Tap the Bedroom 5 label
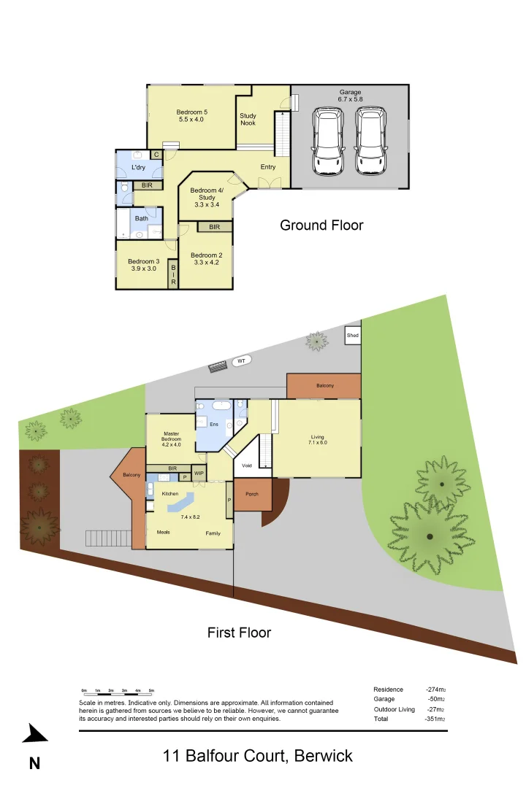pyautogui.click(x=192, y=112)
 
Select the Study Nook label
pyautogui.click(x=248, y=119)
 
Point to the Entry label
pyautogui.click(x=268, y=167)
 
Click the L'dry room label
pyautogui.click(x=138, y=168)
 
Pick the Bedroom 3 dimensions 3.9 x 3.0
pyautogui.click(x=143, y=269)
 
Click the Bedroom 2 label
pyautogui.click(x=205, y=255)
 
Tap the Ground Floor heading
pyautogui.click(x=321, y=225)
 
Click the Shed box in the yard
pyautogui.click(x=353, y=336)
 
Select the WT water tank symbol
pyautogui.click(x=240, y=360)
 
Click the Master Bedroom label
pyautogui.click(x=171, y=436)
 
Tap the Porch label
pyautogui.click(x=251, y=494)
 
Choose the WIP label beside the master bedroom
pyautogui.click(x=199, y=474)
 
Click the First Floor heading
pyautogui.click(x=239, y=633)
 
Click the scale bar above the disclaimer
pyautogui.click(x=118, y=690)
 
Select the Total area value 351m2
pyautogui.click(x=435, y=719)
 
